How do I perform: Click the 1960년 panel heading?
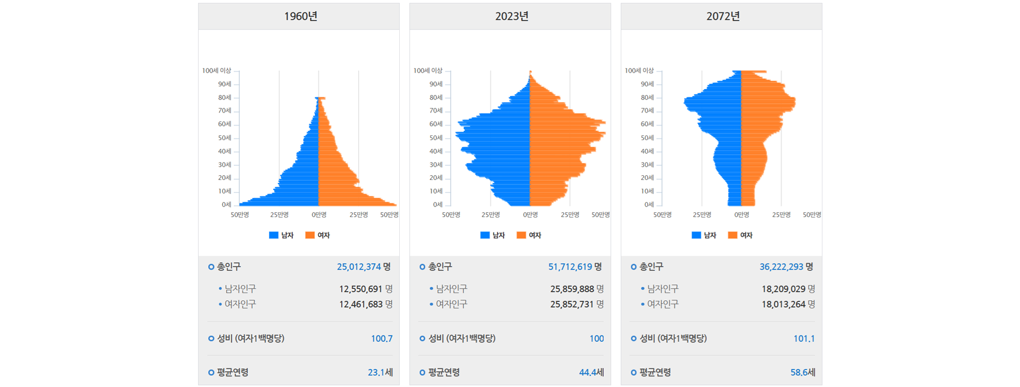click(x=300, y=16)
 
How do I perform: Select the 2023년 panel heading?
click(x=511, y=16)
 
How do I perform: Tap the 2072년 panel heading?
click(x=722, y=16)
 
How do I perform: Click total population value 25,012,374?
click(x=359, y=267)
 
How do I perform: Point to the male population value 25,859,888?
click(x=572, y=289)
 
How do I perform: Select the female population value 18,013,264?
click(x=783, y=304)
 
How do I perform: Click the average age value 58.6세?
click(x=803, y=372)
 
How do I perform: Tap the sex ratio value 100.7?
click(x=382, y=338)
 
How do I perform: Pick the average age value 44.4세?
click(x=591, y=372)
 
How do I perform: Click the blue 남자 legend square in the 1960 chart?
click(x=274, y=235)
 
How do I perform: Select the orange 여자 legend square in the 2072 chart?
click(x=732, y=235)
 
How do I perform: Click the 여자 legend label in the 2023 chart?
click(x=535, y=235)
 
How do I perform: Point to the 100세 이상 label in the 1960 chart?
click(x=216, y=70)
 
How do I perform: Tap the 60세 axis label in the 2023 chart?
click(x=436, y=124)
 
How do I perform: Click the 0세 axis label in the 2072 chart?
click(x=649, y=205)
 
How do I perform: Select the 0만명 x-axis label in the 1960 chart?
click(x=319, y=215)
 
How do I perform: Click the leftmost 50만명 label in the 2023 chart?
click(x=451, y=215)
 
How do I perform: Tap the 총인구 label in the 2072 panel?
click(x=651, y=267)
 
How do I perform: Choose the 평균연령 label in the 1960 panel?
click(x=233, y=372)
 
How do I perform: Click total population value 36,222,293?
click(x=781, y=267)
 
